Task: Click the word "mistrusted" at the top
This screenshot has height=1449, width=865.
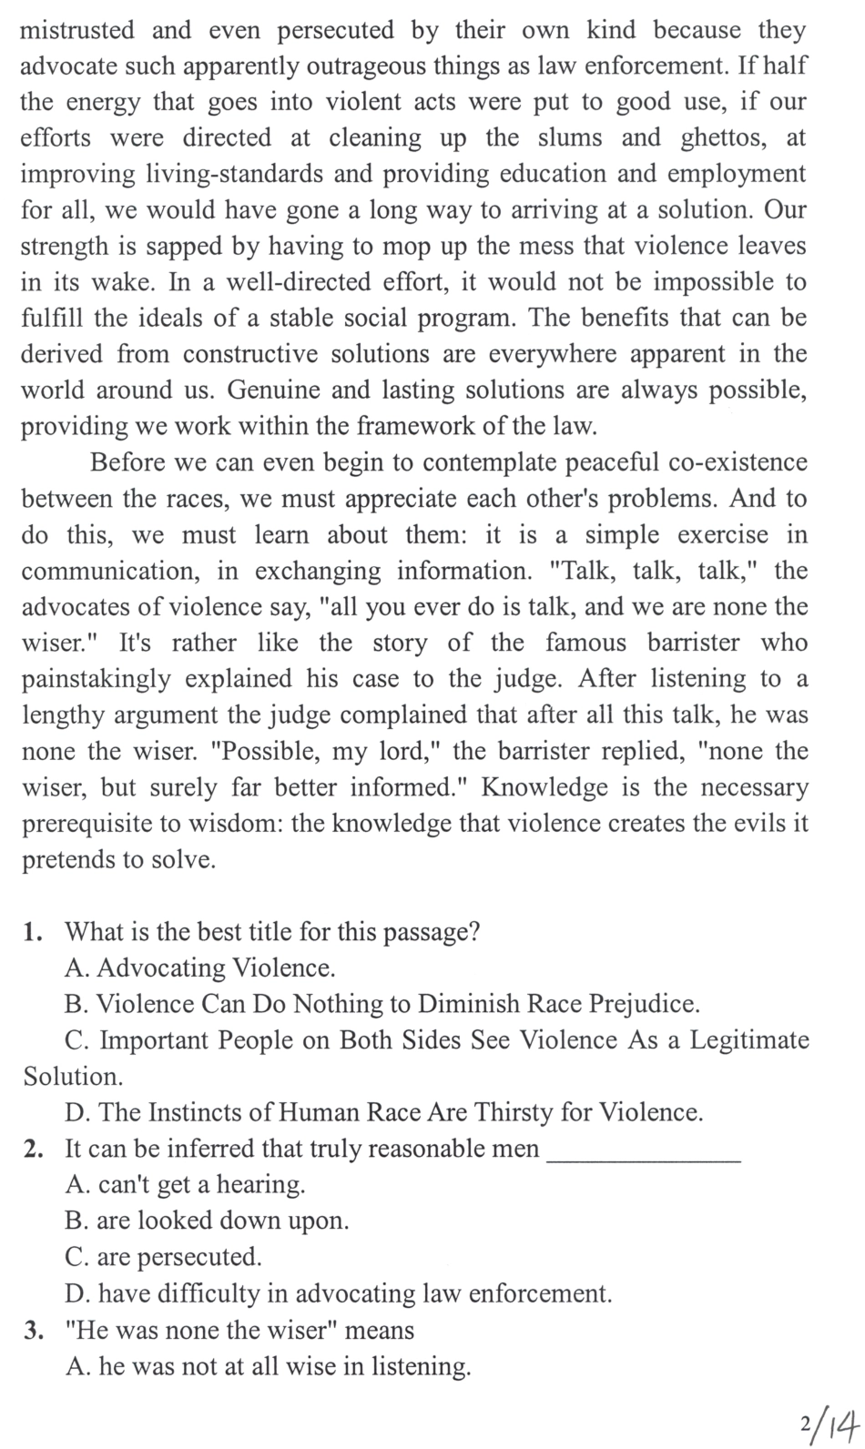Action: point(77,31)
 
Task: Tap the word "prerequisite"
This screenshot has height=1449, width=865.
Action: point(94,823)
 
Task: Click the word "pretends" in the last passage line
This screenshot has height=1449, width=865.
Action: point(70,859)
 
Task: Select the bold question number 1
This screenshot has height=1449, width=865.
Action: point(34,932)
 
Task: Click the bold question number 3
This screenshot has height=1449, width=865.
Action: point(34,1331)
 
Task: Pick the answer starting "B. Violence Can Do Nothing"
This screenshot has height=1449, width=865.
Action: point(382,1004)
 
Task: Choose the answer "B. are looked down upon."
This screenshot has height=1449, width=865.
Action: point(208,1221)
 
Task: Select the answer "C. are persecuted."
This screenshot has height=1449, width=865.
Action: point(164,1257)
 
